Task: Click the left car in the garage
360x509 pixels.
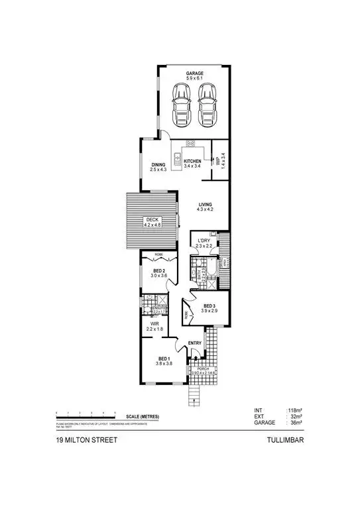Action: click(x=181, y=104)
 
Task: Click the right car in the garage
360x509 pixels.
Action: click(x=208, y=104)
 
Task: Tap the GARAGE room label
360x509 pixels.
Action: click(x=194, y=74)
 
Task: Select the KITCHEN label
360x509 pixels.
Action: click(x=192, y=162)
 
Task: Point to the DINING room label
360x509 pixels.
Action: click(x=158, y=165)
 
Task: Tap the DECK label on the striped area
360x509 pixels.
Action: click(x=152, y=220)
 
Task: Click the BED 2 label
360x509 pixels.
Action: click(x=159, y=270)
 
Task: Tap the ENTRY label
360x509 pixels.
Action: click(x=194, y=343)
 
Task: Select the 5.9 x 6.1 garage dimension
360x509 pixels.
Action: click(x=194, y=79)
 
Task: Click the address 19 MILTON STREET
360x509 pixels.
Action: click(x=83, y=439)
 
